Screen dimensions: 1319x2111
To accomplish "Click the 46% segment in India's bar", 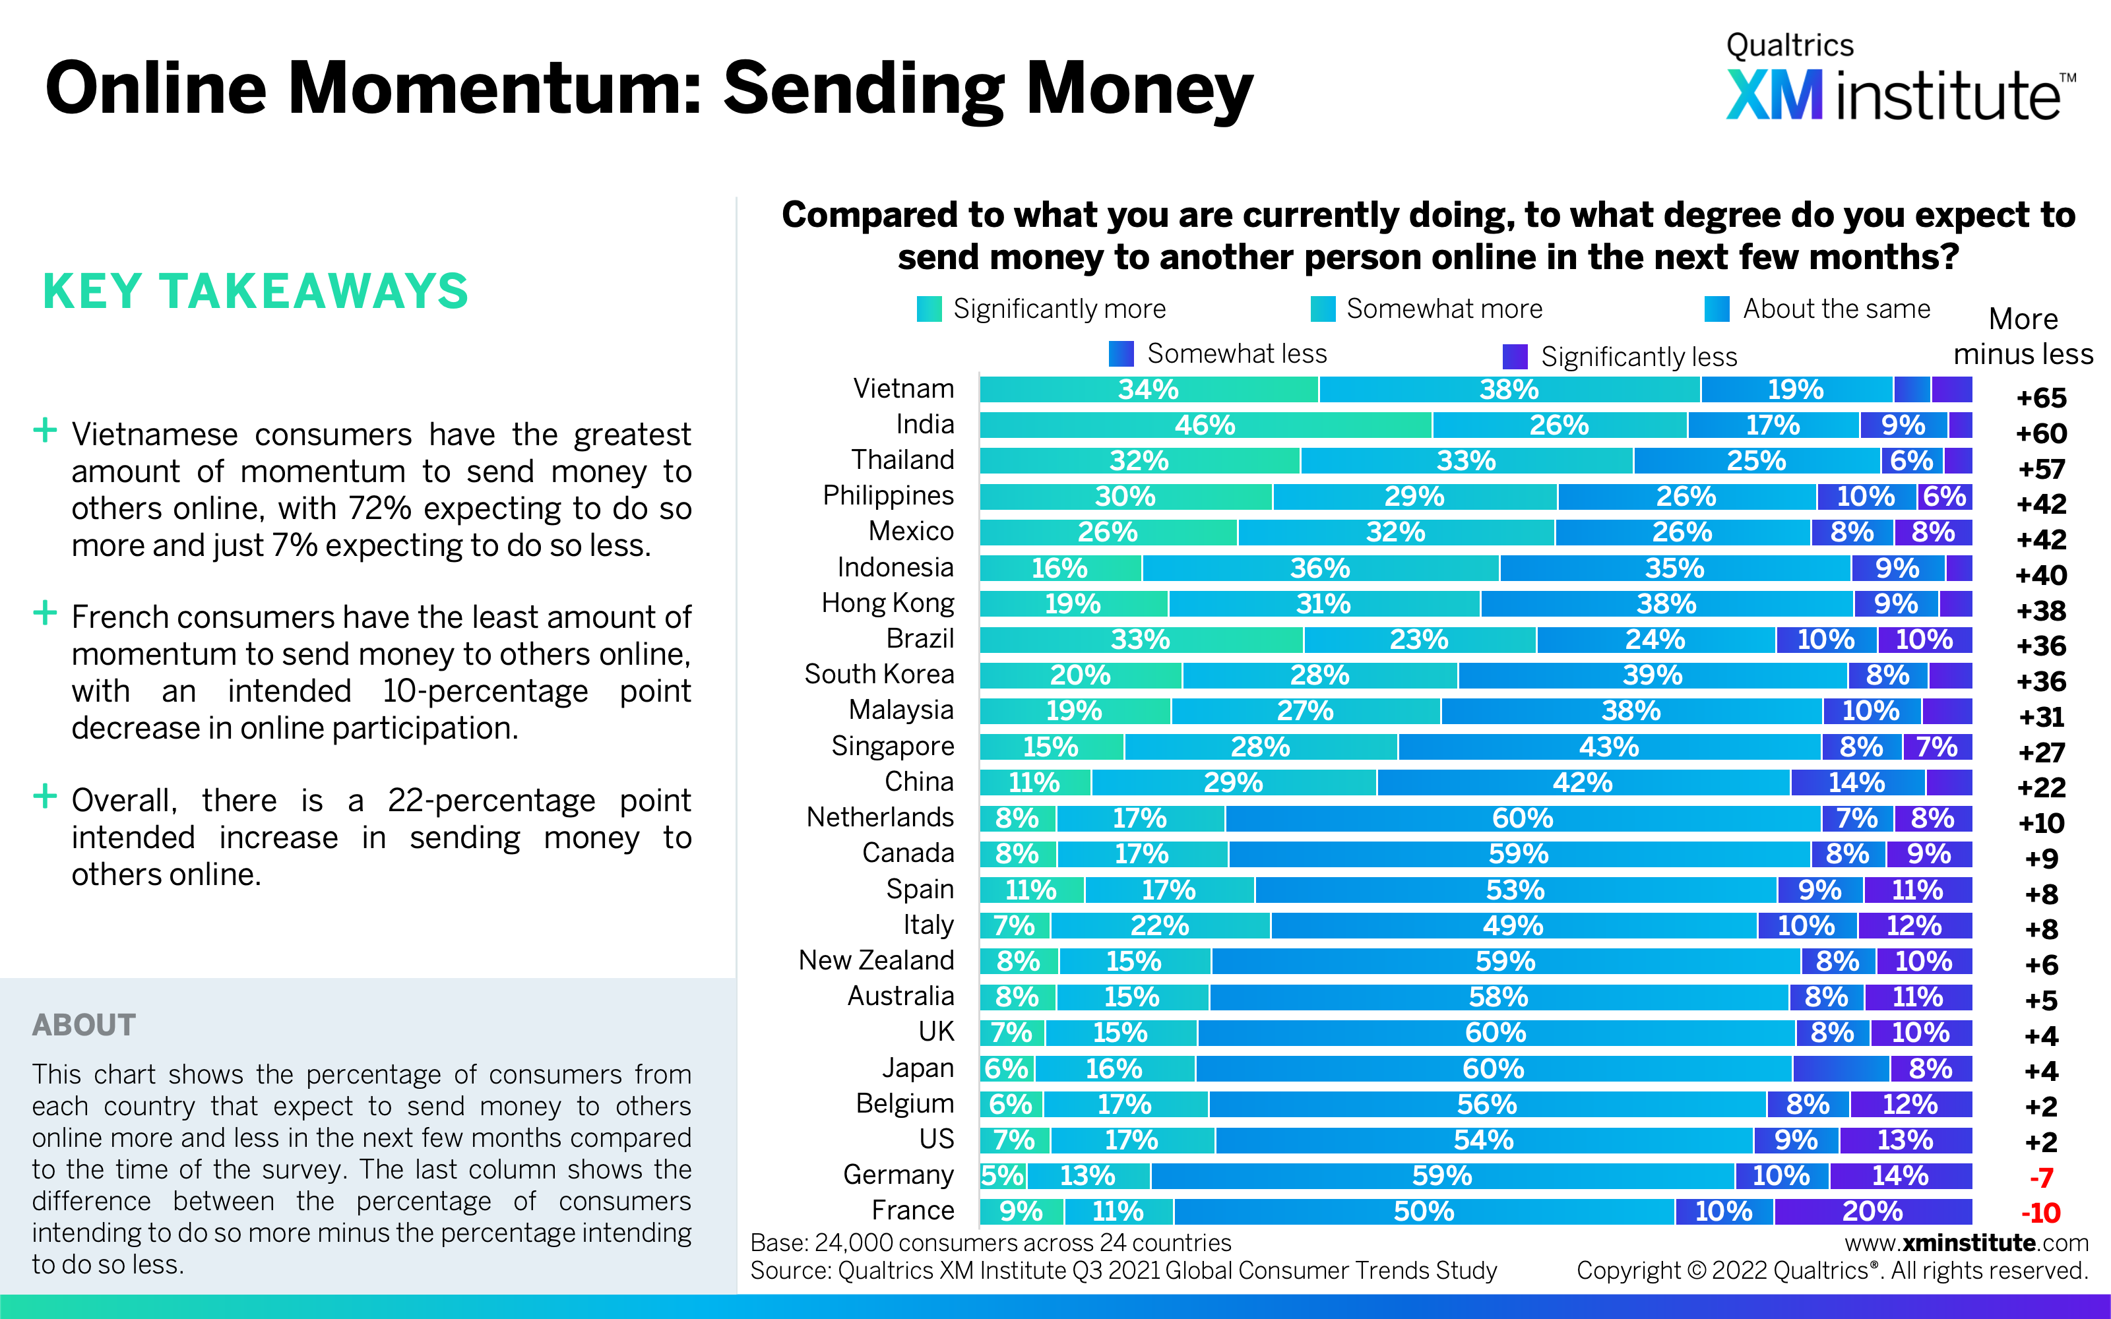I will click(1205, 425).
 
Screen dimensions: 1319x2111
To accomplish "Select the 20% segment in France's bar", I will click(1872, 1212).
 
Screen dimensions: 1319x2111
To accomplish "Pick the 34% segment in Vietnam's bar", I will click(1148, 389).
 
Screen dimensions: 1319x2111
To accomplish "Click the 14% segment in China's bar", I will click(1856, 783).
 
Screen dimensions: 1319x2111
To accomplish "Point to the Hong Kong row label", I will click(887, 603).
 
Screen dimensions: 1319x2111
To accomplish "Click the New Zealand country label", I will click(876, 960).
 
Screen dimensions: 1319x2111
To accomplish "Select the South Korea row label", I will click(879, 674).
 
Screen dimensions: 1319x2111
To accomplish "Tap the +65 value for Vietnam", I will click(2041, 398).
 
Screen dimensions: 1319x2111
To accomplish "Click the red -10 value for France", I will click(2040, 1213).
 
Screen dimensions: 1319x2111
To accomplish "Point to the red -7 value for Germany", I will click(2040, 1178).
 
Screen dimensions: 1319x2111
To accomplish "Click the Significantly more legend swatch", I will click(929, 309).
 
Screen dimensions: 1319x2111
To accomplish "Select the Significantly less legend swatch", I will click(1515, 356).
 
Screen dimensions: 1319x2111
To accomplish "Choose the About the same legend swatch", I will click(1717, 309).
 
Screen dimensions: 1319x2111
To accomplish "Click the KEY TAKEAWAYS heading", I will click(255, 291).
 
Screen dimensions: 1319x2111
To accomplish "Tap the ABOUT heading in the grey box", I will click(84, 1025).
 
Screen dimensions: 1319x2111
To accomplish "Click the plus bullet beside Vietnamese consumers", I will click(44, 430).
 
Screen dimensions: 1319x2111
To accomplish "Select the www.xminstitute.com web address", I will click(1966, 1242).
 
